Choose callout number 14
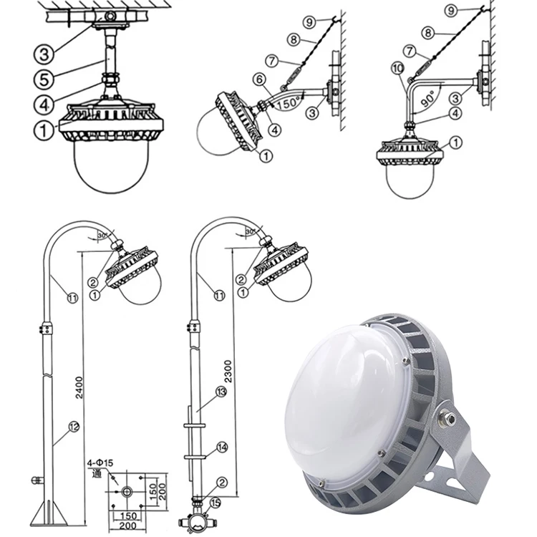pyautogui.click(x=221, y=447)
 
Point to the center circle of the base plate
pyautogui.click(x=126, y=493)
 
